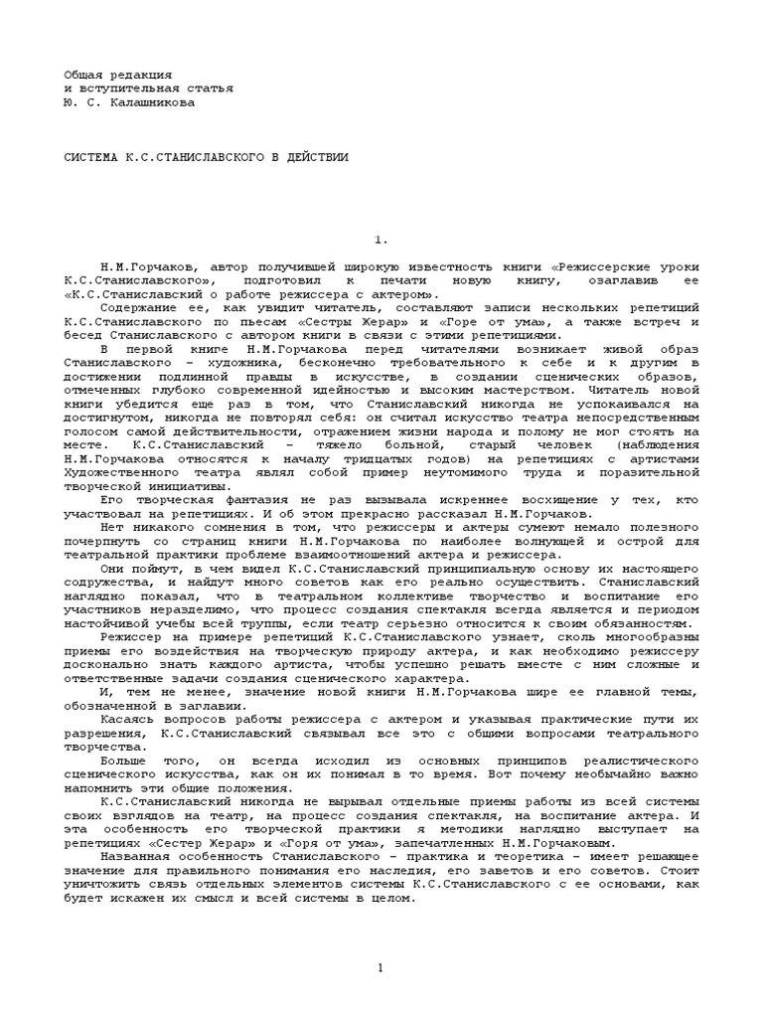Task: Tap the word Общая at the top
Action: coord(83,75)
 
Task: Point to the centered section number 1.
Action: coord(379,240)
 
